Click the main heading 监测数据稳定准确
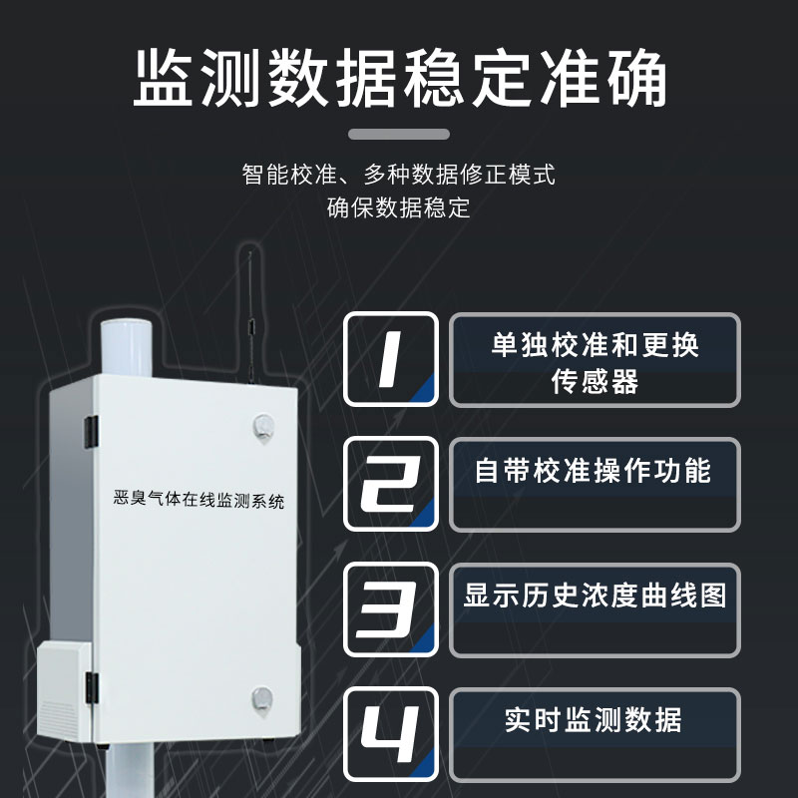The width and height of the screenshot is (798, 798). pos(400,78)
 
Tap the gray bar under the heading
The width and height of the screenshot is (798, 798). pos(398,135)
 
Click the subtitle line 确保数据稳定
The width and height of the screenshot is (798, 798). pos(398,207)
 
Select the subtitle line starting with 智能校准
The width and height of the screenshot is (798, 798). pos(398,175)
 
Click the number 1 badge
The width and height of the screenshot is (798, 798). pos(391,359)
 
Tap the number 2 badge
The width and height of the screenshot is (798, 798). pos(391,484)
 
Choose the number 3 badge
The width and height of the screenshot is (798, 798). pos(391,609)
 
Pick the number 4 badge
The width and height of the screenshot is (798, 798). pos(391,734)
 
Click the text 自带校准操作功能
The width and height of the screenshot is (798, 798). pos(593,470)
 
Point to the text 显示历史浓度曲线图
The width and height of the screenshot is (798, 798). pos(595,595)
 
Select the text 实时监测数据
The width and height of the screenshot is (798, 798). pos(593,719)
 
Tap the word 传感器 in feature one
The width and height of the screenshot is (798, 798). pos(595,382)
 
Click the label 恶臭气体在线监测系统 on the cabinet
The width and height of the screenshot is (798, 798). pos(199,500)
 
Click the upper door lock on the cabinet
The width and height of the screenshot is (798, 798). pos(263,428)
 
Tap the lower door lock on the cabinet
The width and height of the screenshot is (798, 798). pos(262,700)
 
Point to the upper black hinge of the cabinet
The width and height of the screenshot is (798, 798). pos(91,432)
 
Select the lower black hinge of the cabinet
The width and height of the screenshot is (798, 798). pos(92,688)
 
